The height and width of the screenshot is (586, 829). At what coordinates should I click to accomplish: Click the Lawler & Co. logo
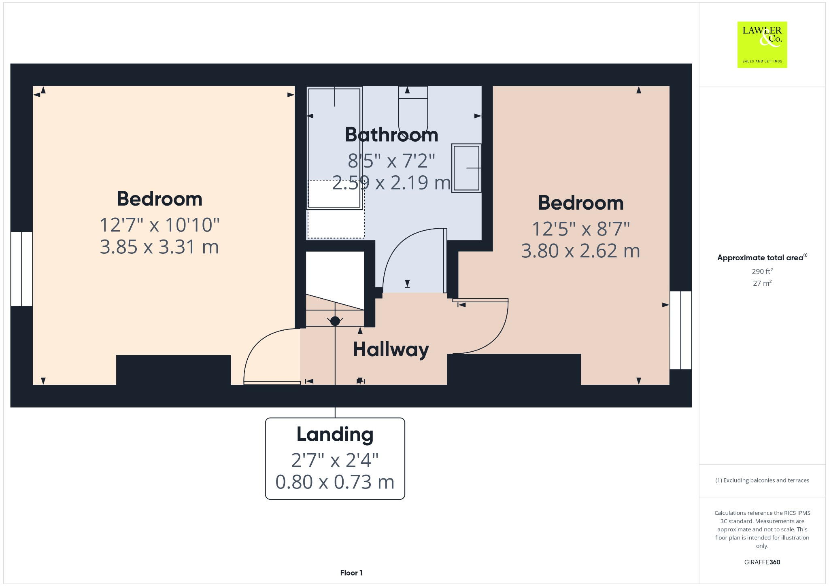pos(762,45)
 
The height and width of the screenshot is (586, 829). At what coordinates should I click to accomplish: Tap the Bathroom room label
pos(391,135)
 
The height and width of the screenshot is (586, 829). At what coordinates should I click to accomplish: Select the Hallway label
pos(391,349)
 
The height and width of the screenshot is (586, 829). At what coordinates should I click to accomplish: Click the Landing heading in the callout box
pos(335,434)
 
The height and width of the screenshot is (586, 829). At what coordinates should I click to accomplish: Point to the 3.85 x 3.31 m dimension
pos(159,247)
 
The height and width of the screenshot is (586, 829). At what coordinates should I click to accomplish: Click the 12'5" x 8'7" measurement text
pos(580,229)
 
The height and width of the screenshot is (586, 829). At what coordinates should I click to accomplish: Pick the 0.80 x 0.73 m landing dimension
pos(335,482)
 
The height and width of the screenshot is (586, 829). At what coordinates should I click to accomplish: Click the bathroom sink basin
pos(466,168)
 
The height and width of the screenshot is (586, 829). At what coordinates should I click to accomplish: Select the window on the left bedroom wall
pos(21,269)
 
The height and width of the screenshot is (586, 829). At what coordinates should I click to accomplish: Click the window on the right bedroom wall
pos(681,330)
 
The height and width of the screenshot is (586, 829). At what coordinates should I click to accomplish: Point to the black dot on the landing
pos(335,321)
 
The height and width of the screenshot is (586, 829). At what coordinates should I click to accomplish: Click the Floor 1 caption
pos(351,573)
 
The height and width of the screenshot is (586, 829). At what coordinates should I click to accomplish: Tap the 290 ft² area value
pos(762,271)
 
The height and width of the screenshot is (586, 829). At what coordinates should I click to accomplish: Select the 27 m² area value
pos(762,283)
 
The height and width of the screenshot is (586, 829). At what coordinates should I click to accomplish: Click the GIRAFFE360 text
pos(762,562)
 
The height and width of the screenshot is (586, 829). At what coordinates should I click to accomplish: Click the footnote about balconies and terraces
pos(762,480)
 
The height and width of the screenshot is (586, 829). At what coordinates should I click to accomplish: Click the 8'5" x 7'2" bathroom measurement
pos(391,161)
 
